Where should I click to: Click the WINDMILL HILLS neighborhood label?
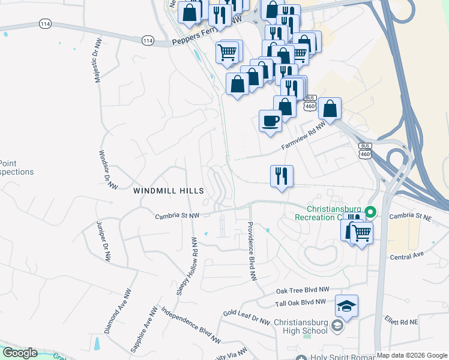pos(169,190)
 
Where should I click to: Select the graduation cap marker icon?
pos(347,306)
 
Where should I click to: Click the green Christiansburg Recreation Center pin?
pos(371,211)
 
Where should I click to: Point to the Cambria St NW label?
pos(177,216)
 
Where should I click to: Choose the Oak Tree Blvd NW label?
pos(303,290)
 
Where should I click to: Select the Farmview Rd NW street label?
pos(303,137)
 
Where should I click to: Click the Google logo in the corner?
pos(19,353)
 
